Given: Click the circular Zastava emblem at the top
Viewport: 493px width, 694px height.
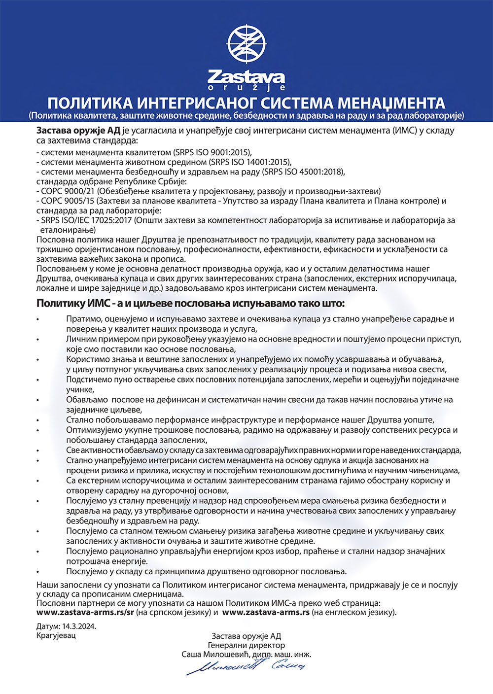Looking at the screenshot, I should [x=246, y=43].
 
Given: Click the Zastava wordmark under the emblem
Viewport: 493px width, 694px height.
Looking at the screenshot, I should [x=246, y=77].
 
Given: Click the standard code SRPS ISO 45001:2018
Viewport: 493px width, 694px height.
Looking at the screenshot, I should [x=304, y=172].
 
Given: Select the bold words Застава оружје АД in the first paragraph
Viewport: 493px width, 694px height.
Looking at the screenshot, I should [x=78, y=131].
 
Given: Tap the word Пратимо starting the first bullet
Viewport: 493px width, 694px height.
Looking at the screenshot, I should [x=84, y=319].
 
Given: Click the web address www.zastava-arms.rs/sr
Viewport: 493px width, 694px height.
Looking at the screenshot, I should [x=85, y=613].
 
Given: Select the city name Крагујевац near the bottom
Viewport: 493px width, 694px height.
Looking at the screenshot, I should [x=56, y=635].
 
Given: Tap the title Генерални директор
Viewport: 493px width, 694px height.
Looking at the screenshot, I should [x=246, y=645].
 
